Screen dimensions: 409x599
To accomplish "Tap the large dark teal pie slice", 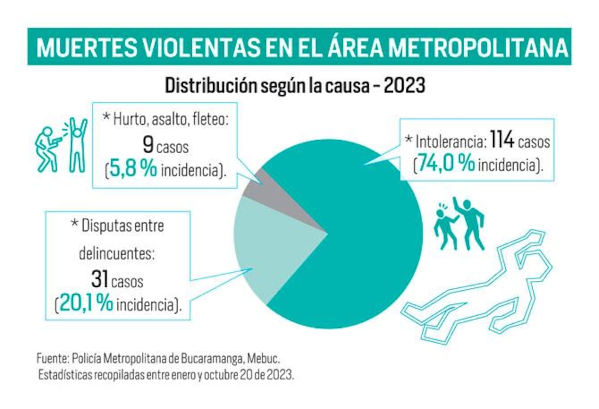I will (x=359, y=239).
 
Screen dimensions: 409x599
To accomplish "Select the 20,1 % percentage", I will (x=85, y=304).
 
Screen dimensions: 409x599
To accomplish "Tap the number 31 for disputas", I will (x=99, y=279).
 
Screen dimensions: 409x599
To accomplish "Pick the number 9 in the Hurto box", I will (x=148, y=146).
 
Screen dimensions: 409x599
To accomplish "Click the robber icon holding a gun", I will (x=47, y=149).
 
